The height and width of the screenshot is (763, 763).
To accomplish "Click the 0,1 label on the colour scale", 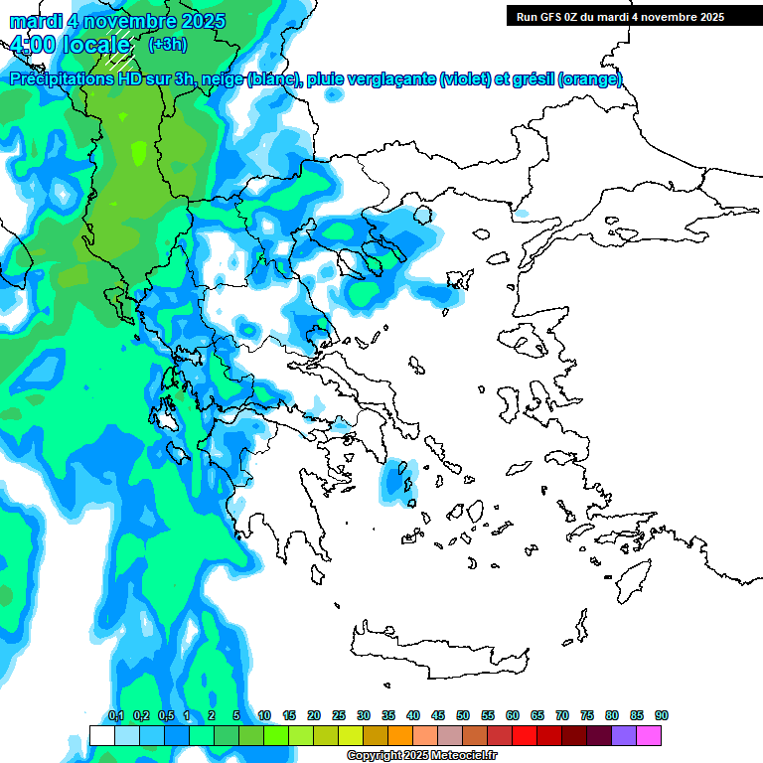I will [x=116, y=715].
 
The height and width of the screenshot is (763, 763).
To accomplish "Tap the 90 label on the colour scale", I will [x=661, y=715].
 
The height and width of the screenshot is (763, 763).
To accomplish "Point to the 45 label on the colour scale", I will [x=438, y=715].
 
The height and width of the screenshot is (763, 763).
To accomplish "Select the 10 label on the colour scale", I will [x=264, y=715].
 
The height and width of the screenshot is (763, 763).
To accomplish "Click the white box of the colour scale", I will [x=101, y=735].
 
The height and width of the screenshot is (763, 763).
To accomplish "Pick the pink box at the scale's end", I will [x=649, y=735].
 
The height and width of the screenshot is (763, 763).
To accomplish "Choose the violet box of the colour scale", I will [x=624, y=735].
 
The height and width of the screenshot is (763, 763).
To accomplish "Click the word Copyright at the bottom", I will [x=375, y=756].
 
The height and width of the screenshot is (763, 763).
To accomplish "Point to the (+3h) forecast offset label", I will [x=166, y=44].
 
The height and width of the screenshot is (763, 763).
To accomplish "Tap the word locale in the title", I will [x=96, y=44].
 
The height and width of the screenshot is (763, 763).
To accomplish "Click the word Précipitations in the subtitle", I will [x=61, y=79].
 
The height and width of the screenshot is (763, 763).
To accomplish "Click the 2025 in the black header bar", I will [x=707, y=17].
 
